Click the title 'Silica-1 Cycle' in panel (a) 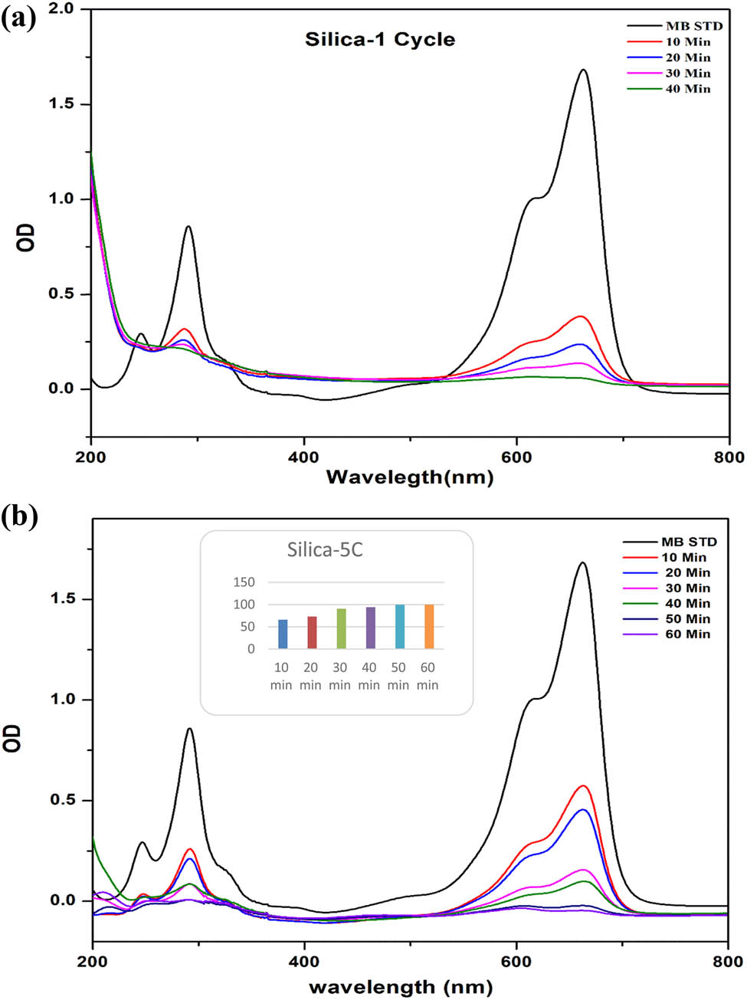point(380,40)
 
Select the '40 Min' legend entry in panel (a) point(687,89)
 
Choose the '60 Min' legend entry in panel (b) point(687,634)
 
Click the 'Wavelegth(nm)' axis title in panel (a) point(410,477)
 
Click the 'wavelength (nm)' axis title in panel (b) point(401,986)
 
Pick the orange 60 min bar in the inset point(428,627)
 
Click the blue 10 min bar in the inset point(283,634)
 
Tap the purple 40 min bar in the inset point(370,628)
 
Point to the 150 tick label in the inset point(244,582)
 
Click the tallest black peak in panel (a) point(584,70)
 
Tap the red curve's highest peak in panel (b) point(584,786)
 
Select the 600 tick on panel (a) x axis point(516,457)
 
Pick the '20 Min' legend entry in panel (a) point(687,57)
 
